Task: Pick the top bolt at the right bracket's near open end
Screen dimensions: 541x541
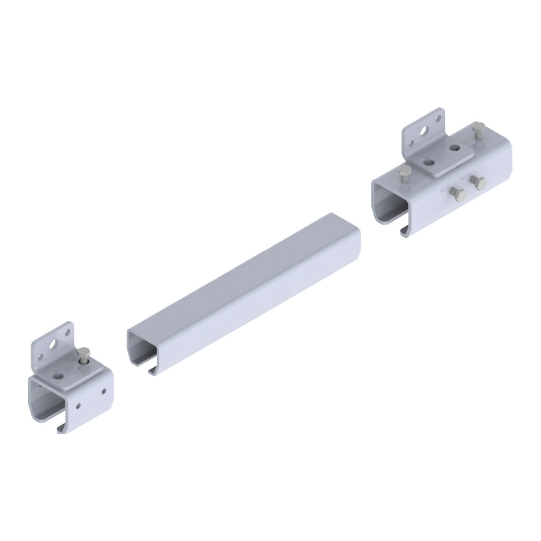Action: [405, 172]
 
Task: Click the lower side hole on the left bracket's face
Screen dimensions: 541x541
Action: [78, 407]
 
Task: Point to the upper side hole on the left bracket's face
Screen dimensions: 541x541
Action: [104, 391]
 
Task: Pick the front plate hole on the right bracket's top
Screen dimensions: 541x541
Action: [431, 160]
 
